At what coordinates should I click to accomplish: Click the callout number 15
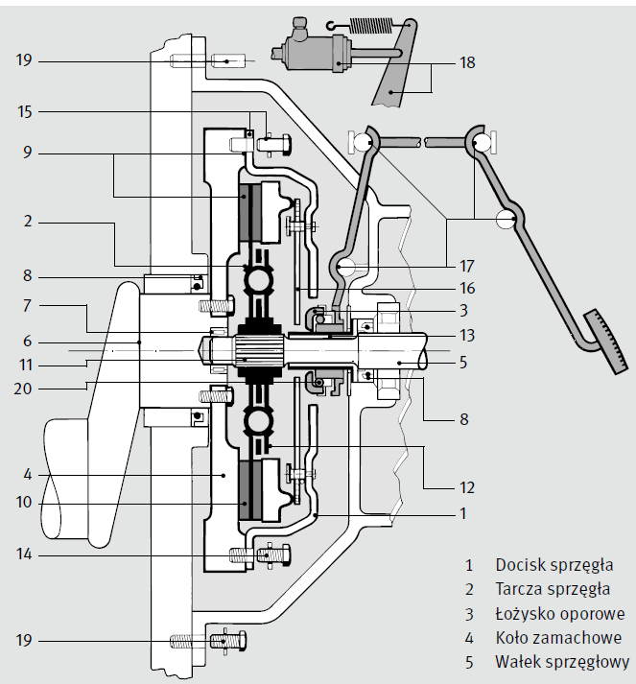25,111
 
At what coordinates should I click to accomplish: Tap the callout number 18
467,63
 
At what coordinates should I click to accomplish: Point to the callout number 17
467,265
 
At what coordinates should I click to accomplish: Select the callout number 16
467,288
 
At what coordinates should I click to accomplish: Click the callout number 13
467,335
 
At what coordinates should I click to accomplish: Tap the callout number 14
25,554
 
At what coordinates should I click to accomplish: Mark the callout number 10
25,502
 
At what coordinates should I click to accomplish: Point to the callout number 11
25,364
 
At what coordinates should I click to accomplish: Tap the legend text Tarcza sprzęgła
553,589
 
